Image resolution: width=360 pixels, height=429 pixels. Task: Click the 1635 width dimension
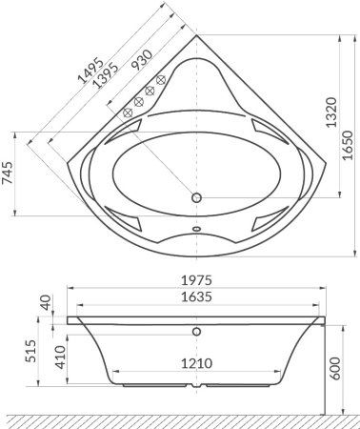pyautogui.click(x=195, y=296)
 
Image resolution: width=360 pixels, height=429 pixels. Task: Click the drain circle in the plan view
pyautogui.click(x=196, y=198)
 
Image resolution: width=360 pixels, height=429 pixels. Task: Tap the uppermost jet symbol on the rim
pyautogui.click(x=161, y=77)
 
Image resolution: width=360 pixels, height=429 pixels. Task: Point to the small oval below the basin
pyautogui.click(x=196, y=229)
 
